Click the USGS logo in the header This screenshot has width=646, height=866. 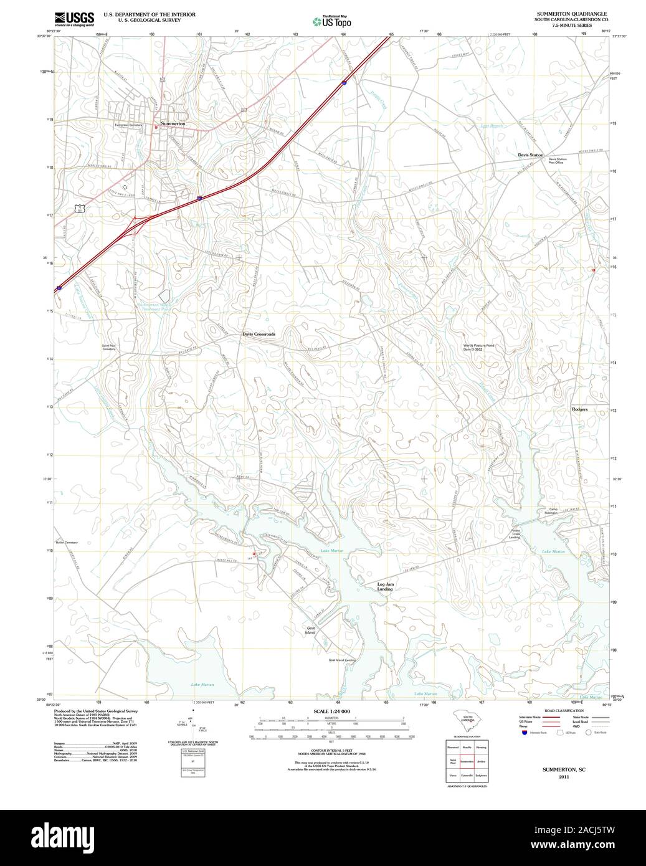(x=74, y=18)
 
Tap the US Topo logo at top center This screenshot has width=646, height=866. (x=331, y=21)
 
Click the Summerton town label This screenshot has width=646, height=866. (x=173, y=124)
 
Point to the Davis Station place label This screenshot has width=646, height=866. (x=530, y=155)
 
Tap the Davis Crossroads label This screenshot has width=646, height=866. (x=259, y=334)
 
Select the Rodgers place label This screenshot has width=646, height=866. (x=579, y=409)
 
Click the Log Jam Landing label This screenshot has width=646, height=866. (x=385, y=586)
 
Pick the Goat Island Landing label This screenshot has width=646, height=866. (x=342, y=660)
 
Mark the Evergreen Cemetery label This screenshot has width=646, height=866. (x=128, y=125)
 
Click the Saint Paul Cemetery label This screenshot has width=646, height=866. (x=109, y=347)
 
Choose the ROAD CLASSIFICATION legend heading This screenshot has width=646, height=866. (x=564, y=711)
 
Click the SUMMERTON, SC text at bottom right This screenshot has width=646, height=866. (x=563, y=770)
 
